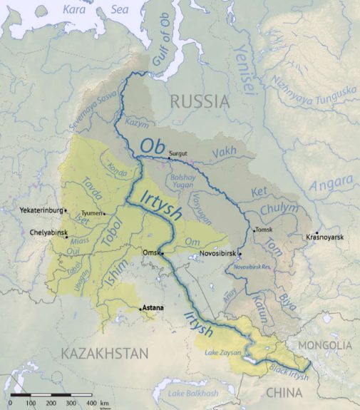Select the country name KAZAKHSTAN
click(104, 353)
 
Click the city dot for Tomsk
click(254, 229)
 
